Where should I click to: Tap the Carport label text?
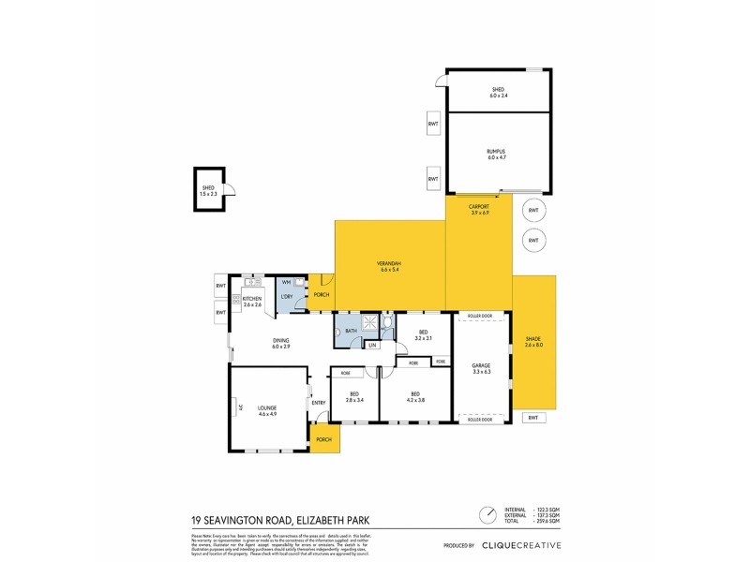tap(479, 208)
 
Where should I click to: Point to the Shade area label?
tap(533, 344)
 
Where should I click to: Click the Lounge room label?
tap(267, 409)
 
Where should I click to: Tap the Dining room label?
tap(281, 344)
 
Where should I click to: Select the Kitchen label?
tap(252, 301)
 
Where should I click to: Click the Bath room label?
tap(351, 331)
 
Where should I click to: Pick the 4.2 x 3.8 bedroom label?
tap(413, 396)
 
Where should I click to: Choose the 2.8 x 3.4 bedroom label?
tap(353, 396)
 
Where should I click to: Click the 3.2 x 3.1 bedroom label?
tap(423, 334)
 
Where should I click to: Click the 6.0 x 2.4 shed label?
tap(497, 92)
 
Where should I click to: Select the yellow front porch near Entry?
tap(324, 439)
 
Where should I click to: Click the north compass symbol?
tap(488, 515)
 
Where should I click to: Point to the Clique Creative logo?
tap(521, 544)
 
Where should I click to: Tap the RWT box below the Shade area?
tap(533, 418)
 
